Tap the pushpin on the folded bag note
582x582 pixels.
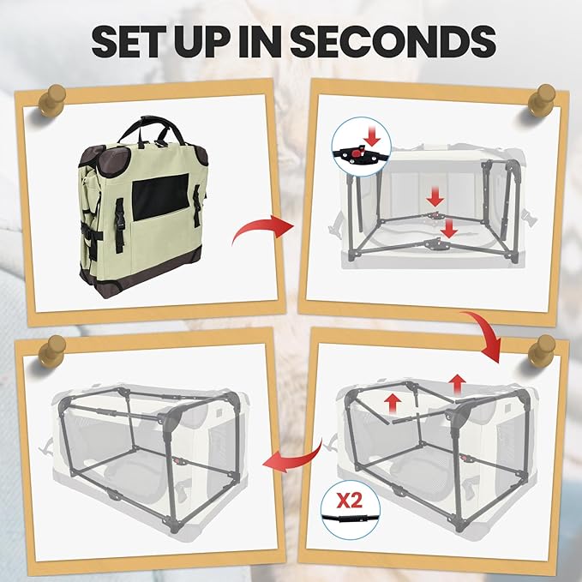pyautogui.click(x=51, y=100)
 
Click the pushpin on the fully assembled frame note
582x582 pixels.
pyautogui.click(x=51, y=351)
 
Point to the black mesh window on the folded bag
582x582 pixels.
pyautogui.click(x=160, y=196)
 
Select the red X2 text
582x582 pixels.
pyautogui.click(x=349, y=501)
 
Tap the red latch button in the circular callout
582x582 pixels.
pyautogui.click(x=356, y=153)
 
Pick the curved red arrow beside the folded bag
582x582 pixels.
pyautogui.click(x=263, y=228)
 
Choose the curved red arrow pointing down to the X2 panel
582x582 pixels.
pyautogui.click(x=483, y=334)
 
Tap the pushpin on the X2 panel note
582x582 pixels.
pyautogui.click(x=542, y=351)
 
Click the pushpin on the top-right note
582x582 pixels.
pyautogui.click(x=542, y=100)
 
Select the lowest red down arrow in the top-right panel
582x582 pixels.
pyautogui.click(x=449, y=228)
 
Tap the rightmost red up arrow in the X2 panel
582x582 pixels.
pyautogui.click(x=457, y=385)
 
